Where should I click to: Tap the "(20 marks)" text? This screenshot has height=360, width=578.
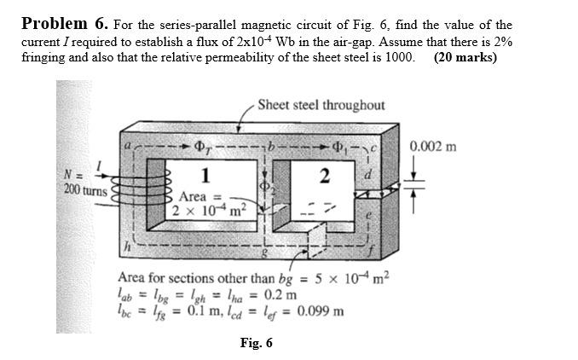coord(465,58)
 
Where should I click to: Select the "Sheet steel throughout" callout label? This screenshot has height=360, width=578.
coord(321,105)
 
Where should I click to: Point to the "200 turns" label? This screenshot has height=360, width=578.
coord(85,190)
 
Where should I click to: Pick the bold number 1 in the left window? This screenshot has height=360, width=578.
coord(205,176)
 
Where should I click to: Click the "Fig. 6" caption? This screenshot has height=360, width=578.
coord(256,343)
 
